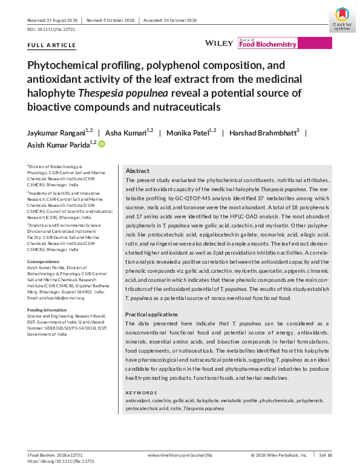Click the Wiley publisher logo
(x=219, y=44)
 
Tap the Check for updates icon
(x=342, y=19)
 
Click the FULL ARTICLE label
(x=52, y=45)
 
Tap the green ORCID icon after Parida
(x=102, y=144)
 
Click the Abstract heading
(x=137, y=171)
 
